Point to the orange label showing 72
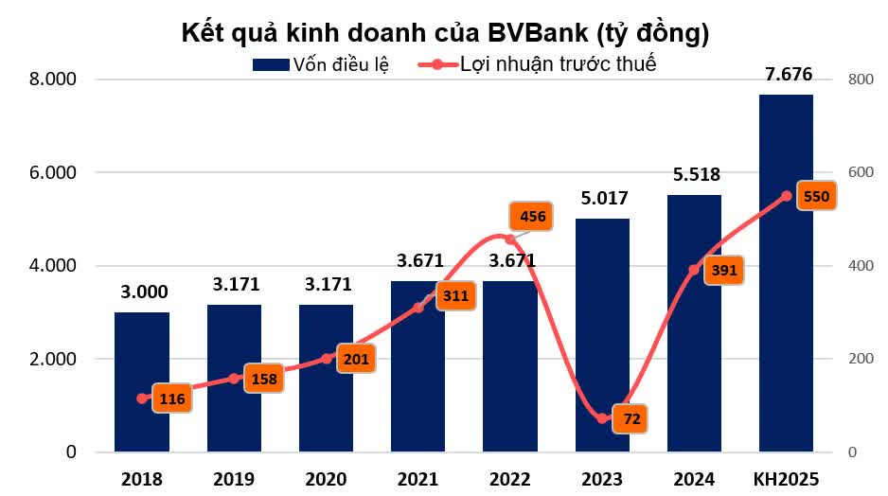[630, 417]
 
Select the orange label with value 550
[815, 197]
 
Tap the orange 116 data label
[172, 399]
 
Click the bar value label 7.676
[788, 76]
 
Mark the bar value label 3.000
[142, 293]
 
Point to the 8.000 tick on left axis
[54, 80]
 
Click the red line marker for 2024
[694, 270]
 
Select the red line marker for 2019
[234, 379]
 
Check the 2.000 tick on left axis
[54, 359]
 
